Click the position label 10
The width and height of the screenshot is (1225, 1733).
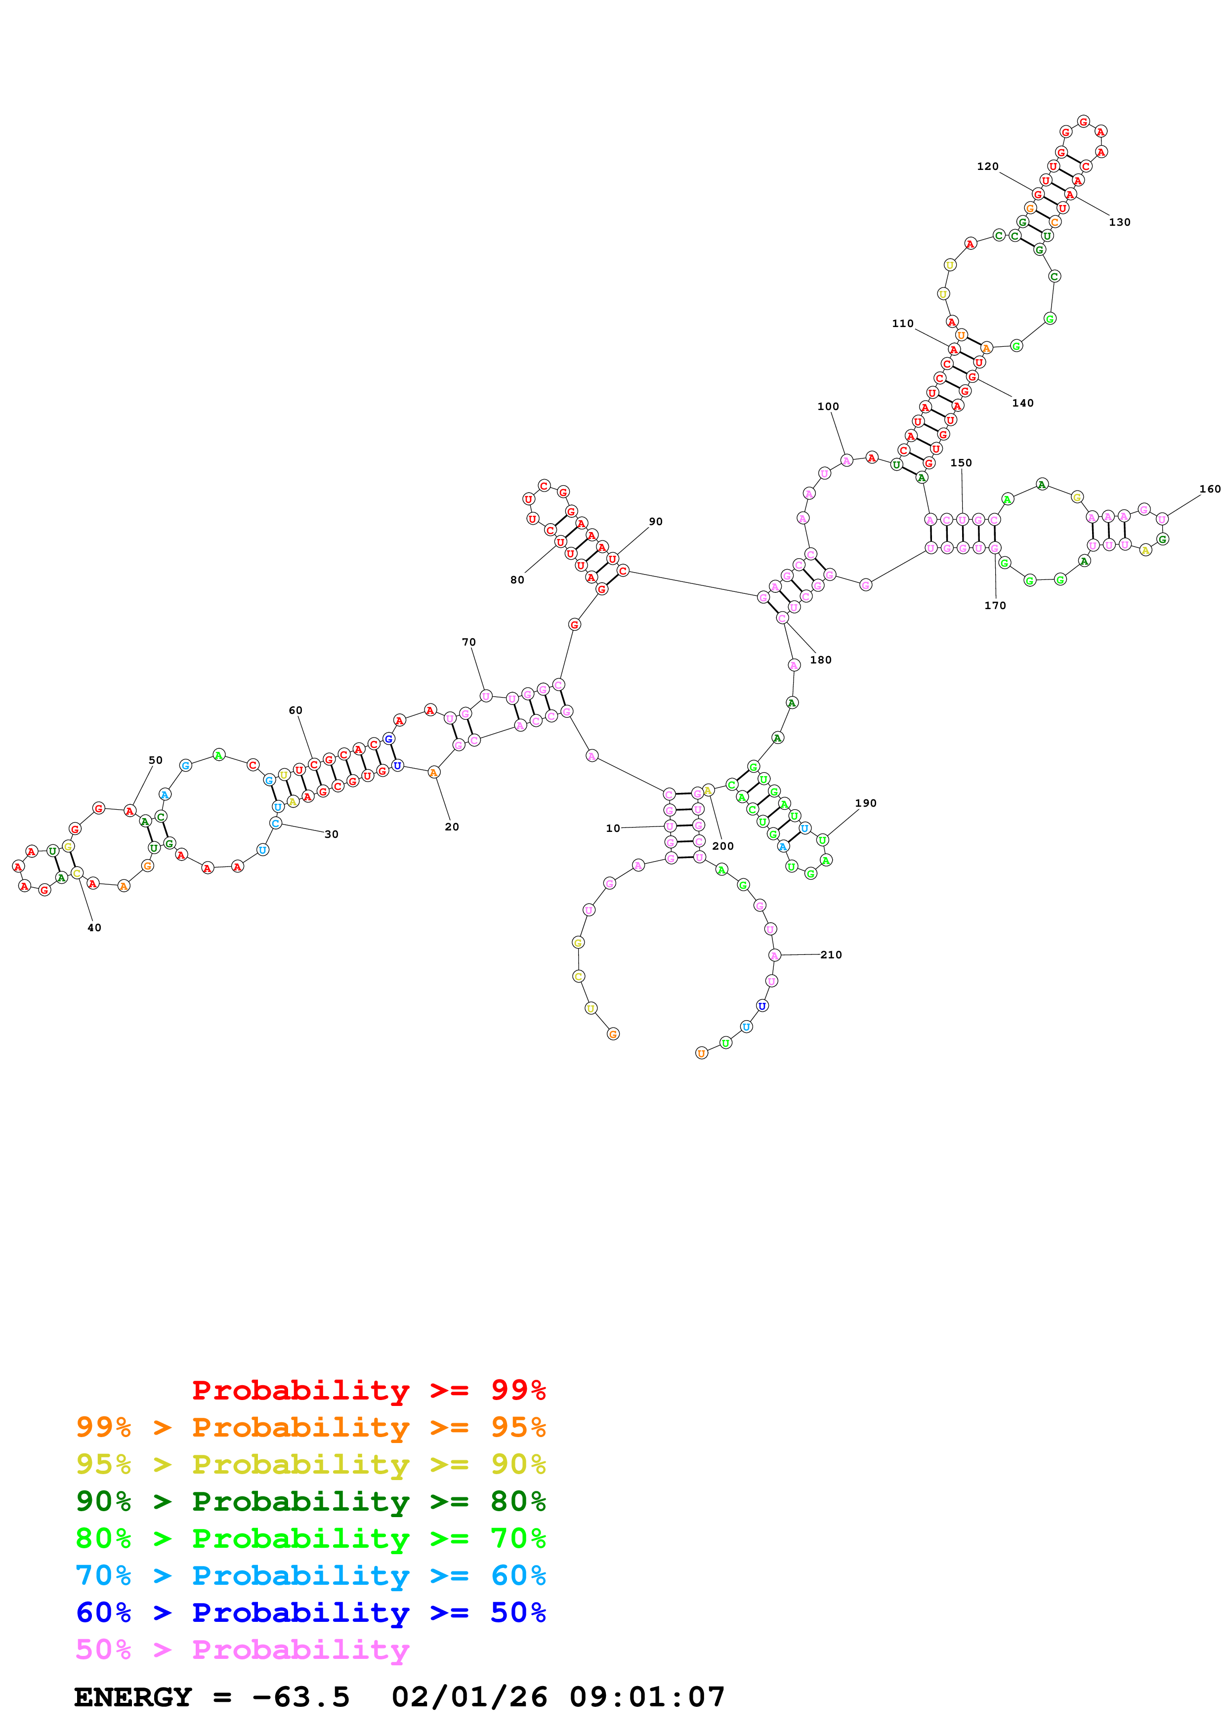(x=612, y=828)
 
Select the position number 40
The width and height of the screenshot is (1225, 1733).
(x=94, y=928)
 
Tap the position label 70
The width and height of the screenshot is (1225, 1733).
(x=469, y=642)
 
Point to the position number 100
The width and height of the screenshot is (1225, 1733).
(x=828, y=406)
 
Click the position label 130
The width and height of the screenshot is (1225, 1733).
(x=1119, y=222)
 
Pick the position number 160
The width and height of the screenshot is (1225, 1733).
(x=1209, y=489)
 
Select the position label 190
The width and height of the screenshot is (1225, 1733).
(x=866, y=803)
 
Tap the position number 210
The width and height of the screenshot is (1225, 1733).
(x=831, y=955)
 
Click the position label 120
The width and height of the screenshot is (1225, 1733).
(x=987, y=166)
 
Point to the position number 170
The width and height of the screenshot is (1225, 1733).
(x=995, y=605)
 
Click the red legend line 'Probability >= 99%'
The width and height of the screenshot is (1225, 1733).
(x=368, y=1390)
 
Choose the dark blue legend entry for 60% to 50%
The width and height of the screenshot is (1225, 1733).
(x=310, y=1613)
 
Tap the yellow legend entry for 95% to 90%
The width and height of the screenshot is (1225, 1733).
(x=310, y=1464)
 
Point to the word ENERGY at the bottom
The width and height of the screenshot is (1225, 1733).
(x=133, y=1697)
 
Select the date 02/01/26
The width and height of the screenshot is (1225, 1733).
(x=469, y=1697)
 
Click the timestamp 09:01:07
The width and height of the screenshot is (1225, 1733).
(x=647, y=1697)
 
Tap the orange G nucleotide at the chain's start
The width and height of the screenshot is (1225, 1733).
(x=613, y=1034)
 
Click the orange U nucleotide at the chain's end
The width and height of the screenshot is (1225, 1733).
(x=701, y=1053)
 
